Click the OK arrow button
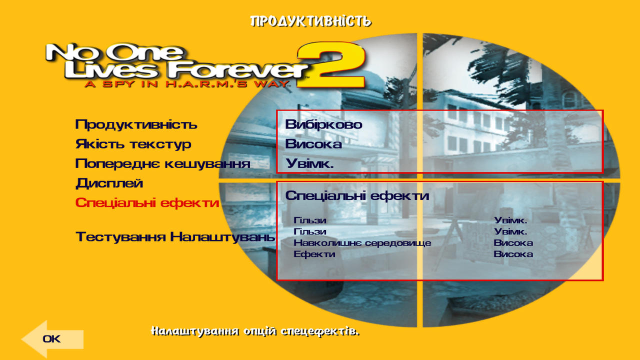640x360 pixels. [52, 339]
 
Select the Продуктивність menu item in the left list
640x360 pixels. [136, 124]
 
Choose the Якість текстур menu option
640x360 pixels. [133, 144]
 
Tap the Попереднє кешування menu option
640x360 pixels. [163, 163]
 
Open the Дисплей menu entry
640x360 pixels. [109, 183]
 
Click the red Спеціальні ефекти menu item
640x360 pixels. [147, 203]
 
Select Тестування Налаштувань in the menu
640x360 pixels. [175, 237]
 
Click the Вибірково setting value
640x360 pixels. [323, 124]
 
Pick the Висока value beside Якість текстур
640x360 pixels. [313, 144]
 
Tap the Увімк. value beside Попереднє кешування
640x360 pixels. [309, 163]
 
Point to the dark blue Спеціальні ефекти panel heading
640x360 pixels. [357, 195]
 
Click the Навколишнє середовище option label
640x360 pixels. [362, 243]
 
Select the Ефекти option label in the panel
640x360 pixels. [314, 254]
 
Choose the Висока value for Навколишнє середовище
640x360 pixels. [513, 243]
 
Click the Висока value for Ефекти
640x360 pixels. [513, 254]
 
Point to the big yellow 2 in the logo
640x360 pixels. [331, 65]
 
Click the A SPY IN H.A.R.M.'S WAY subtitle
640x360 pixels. [187, 84]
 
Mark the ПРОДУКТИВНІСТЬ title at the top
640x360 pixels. [310, 21]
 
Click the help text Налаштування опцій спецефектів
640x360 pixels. [255, 331]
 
